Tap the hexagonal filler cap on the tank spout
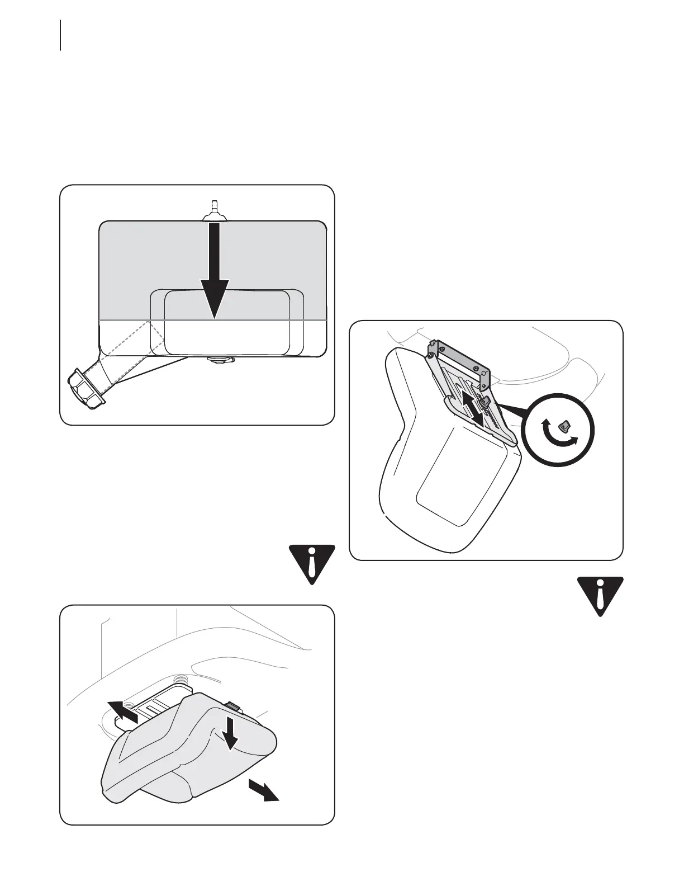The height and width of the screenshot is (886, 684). point(87,387)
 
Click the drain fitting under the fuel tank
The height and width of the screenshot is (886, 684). point(219,360)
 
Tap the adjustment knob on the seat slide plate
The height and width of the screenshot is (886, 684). point(485,400)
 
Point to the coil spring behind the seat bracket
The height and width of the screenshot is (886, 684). point(180,680)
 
